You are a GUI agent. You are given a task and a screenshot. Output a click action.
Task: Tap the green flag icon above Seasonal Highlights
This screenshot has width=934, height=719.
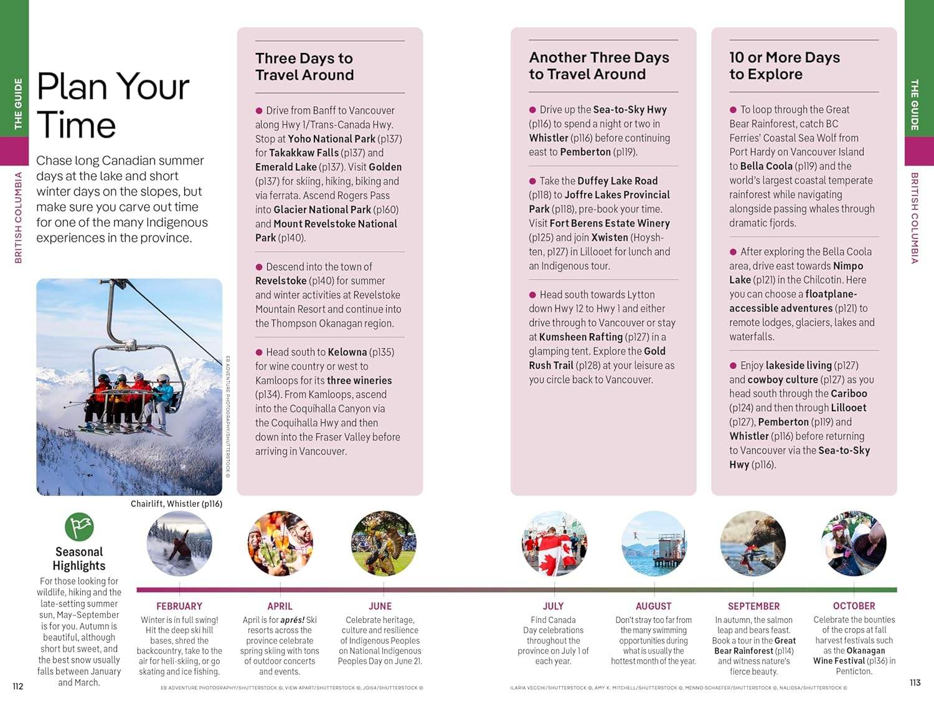[x=79, y=527]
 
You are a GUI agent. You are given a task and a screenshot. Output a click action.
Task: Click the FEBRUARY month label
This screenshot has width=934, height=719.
[x=179, y=606]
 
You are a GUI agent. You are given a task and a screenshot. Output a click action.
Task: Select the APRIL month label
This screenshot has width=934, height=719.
[x=280, y=606]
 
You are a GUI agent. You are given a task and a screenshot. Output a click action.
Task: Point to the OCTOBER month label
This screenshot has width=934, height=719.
[x=854, y=606]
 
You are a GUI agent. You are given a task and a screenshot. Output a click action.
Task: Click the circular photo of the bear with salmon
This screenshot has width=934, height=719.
[x=753, y=544]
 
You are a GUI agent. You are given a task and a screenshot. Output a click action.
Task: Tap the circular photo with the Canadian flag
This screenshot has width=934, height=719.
[x=554, y=544]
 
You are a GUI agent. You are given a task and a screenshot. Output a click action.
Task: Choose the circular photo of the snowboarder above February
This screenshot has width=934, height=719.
[x=179, y=544]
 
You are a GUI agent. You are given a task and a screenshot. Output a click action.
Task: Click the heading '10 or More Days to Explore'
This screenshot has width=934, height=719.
[x=785, y=66]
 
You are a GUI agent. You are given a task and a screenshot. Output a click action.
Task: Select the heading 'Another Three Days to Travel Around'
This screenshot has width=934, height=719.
[x=599, y=66]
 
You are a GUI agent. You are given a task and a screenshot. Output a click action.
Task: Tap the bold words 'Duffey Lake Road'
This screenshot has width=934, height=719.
[x=617, y=181]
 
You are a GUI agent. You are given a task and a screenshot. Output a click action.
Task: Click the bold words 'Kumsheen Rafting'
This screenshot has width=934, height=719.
[x=581, y=337]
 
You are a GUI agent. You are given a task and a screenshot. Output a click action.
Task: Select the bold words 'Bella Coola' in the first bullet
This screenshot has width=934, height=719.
[x=766, y=166]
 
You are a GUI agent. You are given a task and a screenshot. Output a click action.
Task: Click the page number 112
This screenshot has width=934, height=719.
[x=18, y=686]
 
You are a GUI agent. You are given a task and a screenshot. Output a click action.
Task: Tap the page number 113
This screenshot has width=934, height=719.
[x=915, y=683]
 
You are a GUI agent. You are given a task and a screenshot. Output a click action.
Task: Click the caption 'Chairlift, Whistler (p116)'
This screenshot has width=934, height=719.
[x=176, y=503]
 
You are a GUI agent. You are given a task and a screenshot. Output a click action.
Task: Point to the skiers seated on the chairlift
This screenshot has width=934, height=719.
[x=134, y=392]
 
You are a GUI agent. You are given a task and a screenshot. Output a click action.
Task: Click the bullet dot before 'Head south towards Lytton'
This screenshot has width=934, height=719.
[x=532, y=295]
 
